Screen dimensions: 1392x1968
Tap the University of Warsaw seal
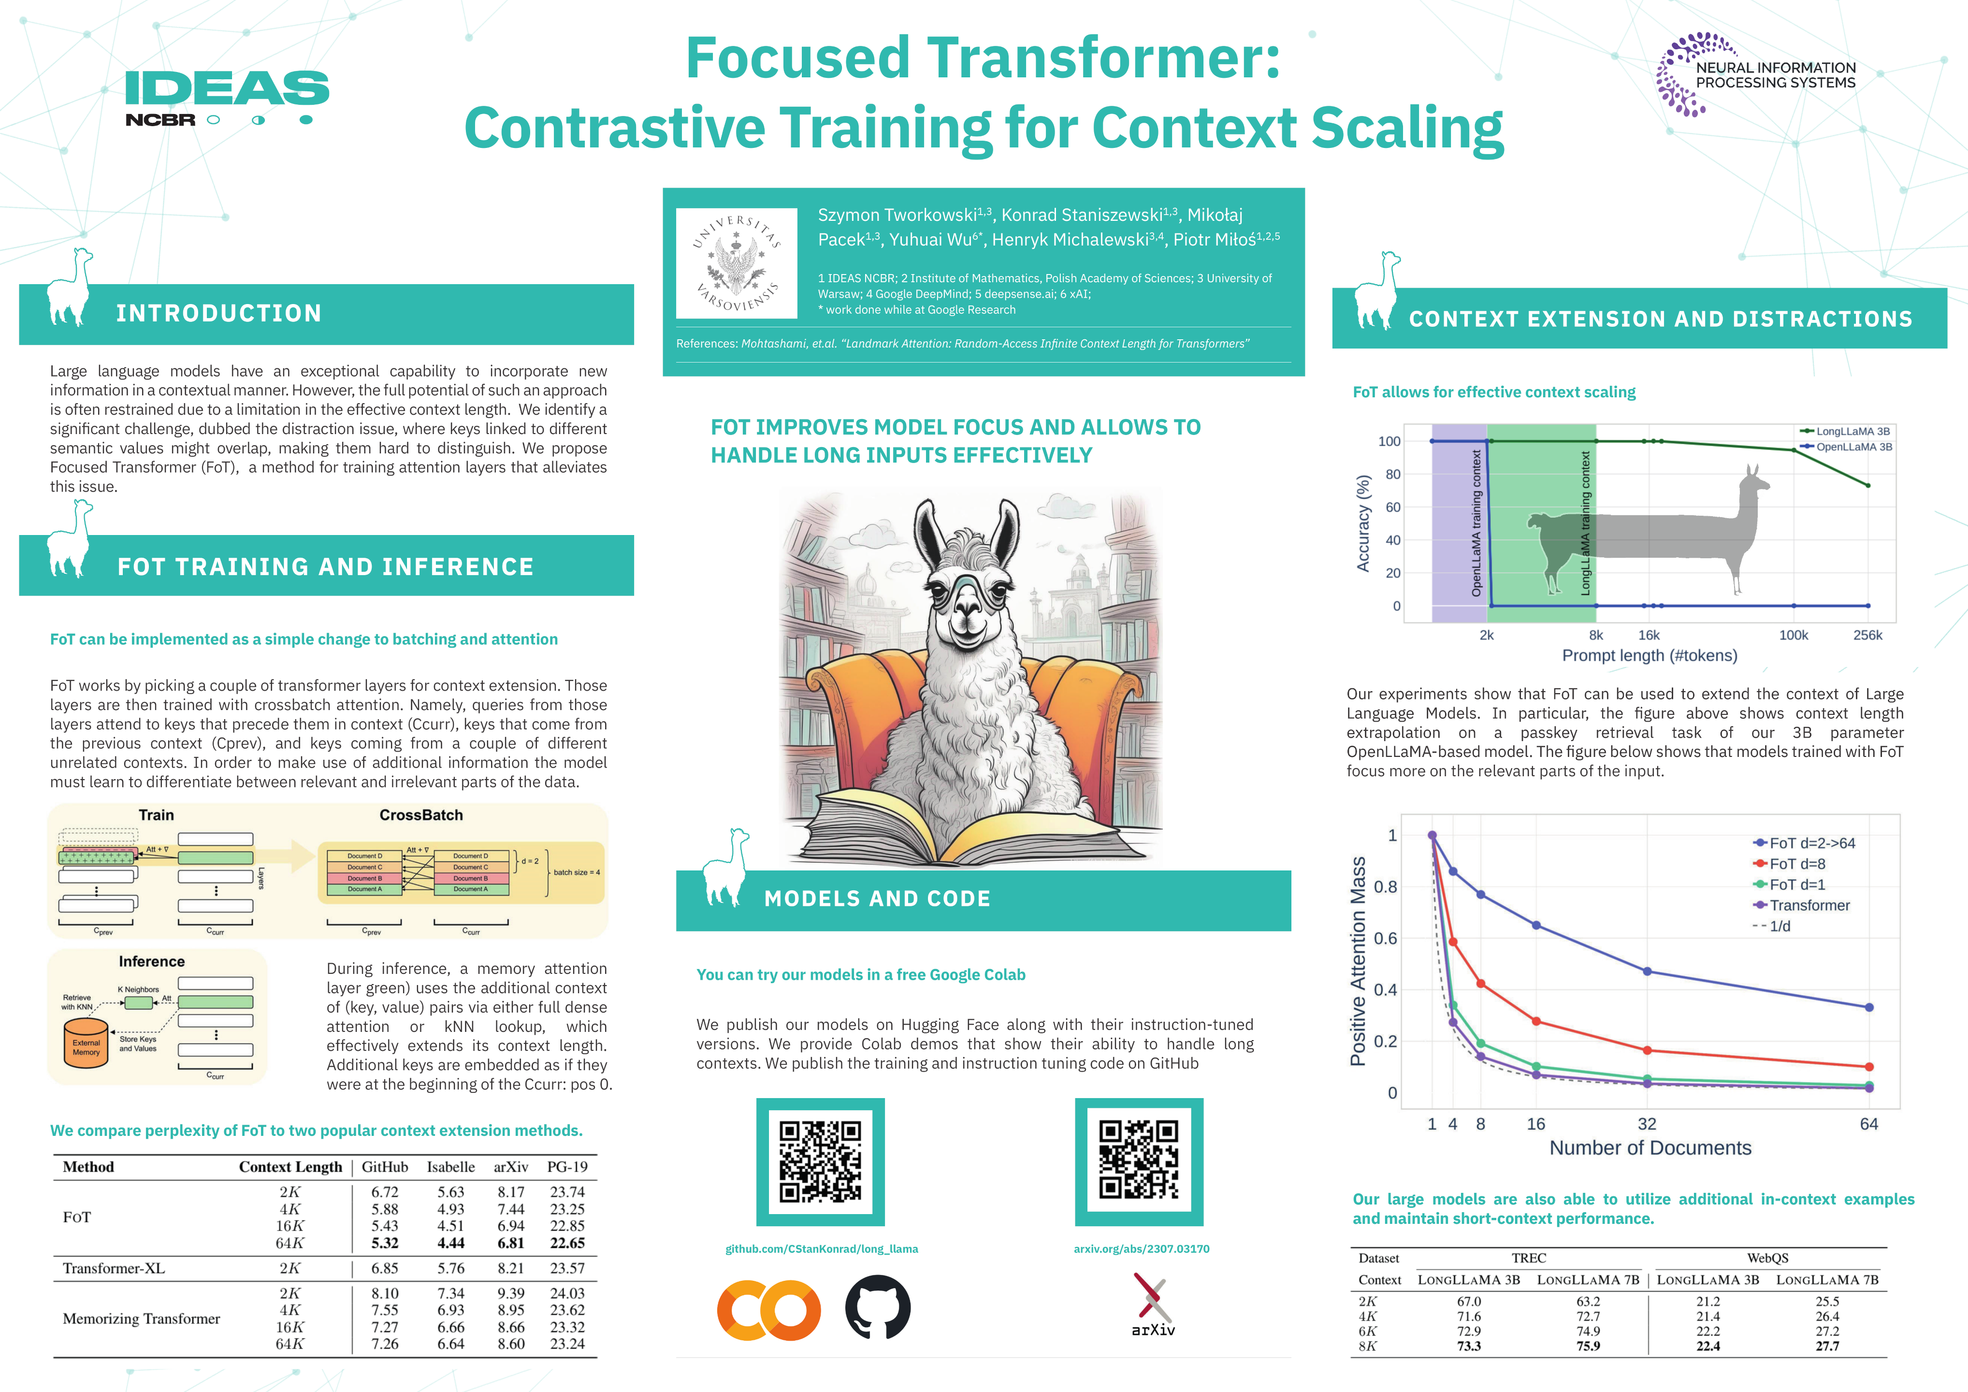[x=736, y=263]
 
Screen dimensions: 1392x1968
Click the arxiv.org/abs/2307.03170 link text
[x=1141, y=1249]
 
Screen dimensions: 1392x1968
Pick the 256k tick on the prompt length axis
[x=1867, y=635]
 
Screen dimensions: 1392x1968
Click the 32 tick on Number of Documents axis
[x=1647, y=1124]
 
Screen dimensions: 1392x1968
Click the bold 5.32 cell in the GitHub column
[x=385, y=1243]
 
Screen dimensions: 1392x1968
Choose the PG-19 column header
[x=567, y=1167]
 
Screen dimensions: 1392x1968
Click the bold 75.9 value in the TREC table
[x=1588, y=1346]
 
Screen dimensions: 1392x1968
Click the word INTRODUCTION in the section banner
[x=219, y=314]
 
